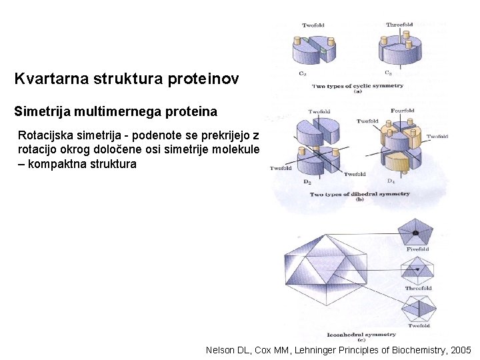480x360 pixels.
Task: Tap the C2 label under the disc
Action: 302,73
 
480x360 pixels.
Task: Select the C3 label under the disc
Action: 388,73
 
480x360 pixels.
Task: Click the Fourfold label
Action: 402,111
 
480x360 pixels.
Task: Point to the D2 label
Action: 306,181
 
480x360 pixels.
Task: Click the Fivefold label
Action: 417,249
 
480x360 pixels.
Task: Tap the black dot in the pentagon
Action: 415,233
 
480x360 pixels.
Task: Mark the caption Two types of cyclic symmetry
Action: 358,85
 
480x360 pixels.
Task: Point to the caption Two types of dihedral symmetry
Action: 360,194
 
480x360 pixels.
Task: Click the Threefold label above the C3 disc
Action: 399,25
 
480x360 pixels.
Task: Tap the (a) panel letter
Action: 358,92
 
